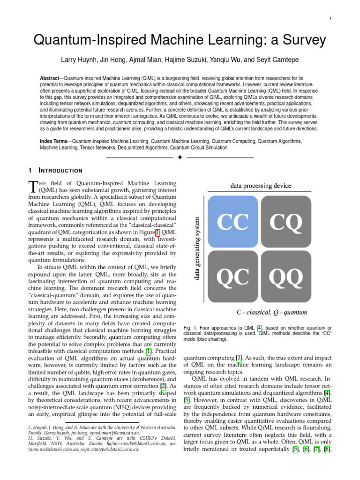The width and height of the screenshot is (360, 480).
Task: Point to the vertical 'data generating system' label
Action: (197, 248)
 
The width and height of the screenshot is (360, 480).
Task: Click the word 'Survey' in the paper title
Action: (298, 40)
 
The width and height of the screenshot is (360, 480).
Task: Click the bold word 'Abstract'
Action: (51, 77)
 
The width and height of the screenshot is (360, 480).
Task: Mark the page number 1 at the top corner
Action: (330, 18)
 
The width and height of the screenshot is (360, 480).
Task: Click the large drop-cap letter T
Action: (32, 186)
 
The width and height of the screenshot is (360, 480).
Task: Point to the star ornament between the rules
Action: (180, 157)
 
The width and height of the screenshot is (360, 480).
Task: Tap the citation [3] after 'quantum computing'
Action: (239, 359)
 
